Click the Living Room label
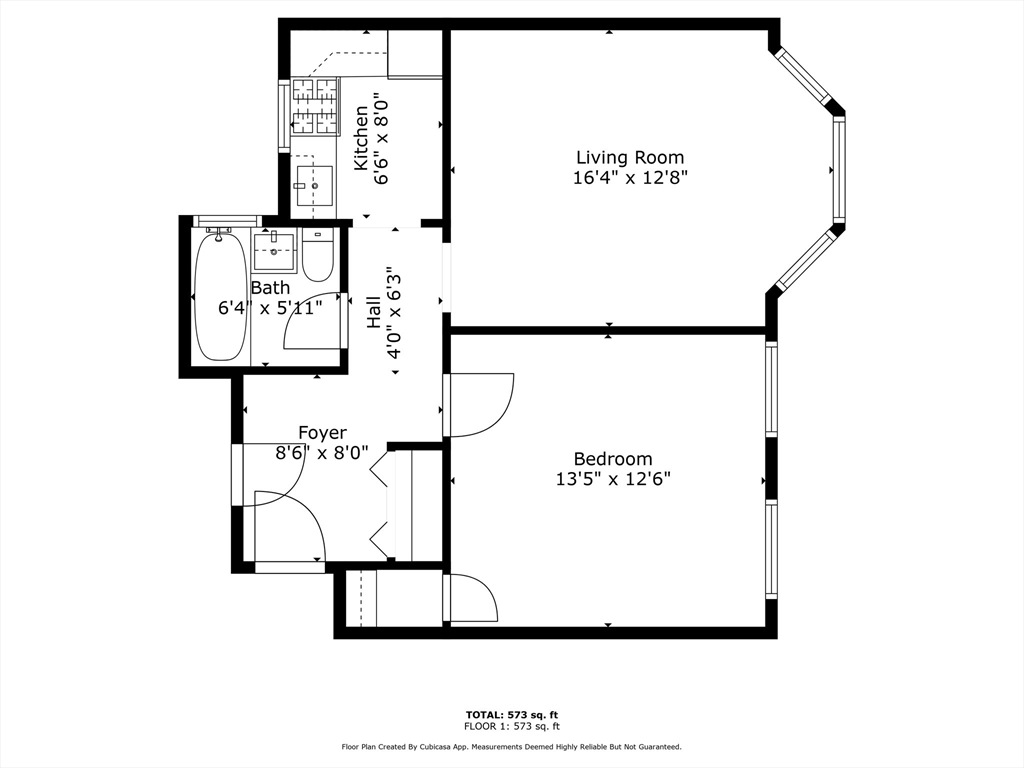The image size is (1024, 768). click(630, 157)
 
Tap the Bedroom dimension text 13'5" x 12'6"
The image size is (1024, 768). click(613, 479)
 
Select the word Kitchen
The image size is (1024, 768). click(361, 138)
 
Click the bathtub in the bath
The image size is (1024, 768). click(221, 296)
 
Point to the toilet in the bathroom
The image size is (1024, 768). click(318, 255)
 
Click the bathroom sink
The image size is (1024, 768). click(274, 250)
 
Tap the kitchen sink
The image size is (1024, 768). click(315, 185)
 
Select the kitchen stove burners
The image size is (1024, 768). click(316, 106)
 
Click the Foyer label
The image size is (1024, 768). click(323, 432)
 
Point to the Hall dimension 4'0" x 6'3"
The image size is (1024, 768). click(393, 312)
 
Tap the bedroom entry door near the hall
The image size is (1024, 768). click(479, 405)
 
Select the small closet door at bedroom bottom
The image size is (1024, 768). click(472, 598)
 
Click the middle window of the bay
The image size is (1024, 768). click(839, 168)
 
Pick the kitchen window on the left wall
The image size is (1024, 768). click(285, 116)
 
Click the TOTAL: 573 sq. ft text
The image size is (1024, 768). click(512, 714)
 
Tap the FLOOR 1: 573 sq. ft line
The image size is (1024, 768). click(512, 726)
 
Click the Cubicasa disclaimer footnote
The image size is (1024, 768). click(512, 746)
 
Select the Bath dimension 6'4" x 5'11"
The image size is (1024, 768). click(270, 308)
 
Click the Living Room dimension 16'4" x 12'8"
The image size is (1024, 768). click(631, 178)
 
